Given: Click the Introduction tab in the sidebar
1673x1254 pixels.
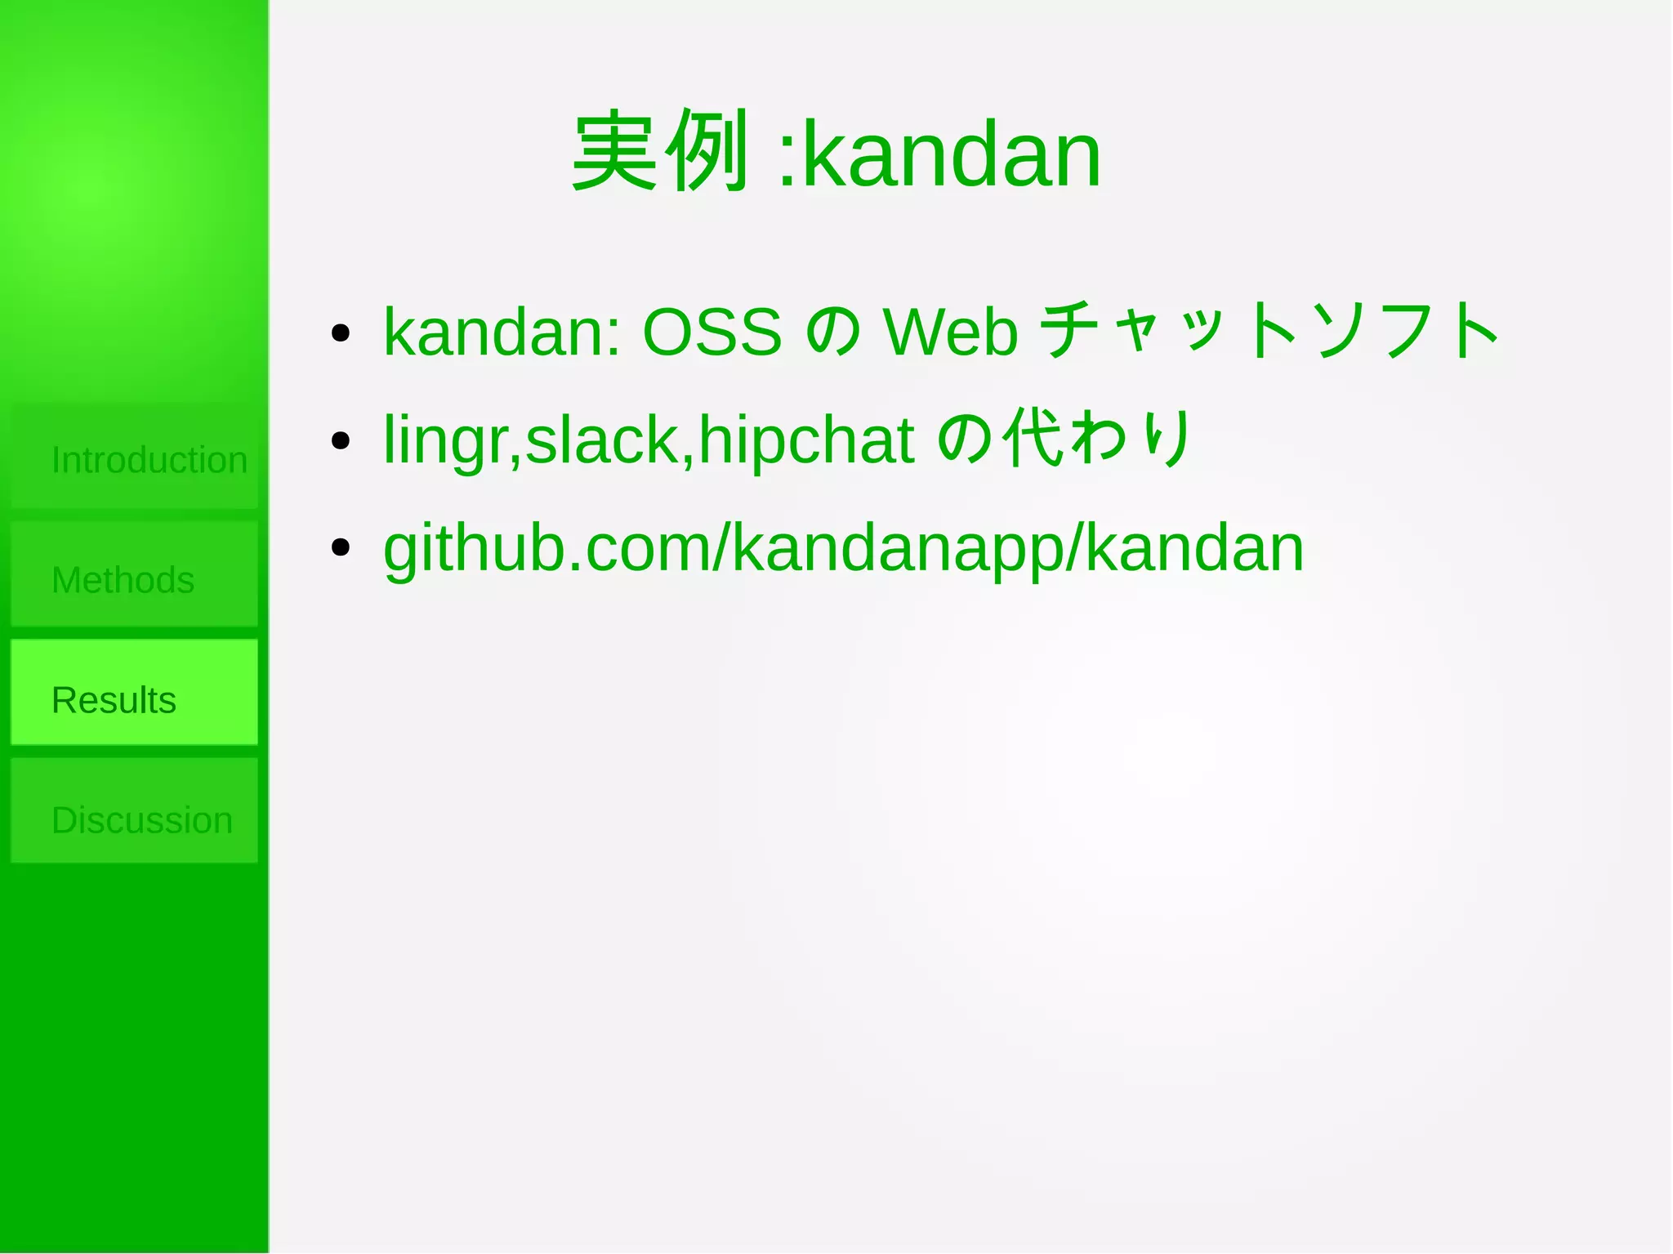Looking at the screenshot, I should point(135,458).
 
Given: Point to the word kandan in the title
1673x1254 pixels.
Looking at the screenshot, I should point(952,154).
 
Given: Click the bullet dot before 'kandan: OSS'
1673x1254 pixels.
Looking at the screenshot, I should point(341,333).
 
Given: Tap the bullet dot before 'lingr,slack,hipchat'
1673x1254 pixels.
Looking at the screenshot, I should point(341,441).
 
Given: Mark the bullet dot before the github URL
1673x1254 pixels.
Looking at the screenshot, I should point(341,548).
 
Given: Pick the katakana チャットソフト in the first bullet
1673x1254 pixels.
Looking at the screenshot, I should point(1270,330).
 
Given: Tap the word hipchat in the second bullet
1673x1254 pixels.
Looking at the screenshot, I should point(806,441).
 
